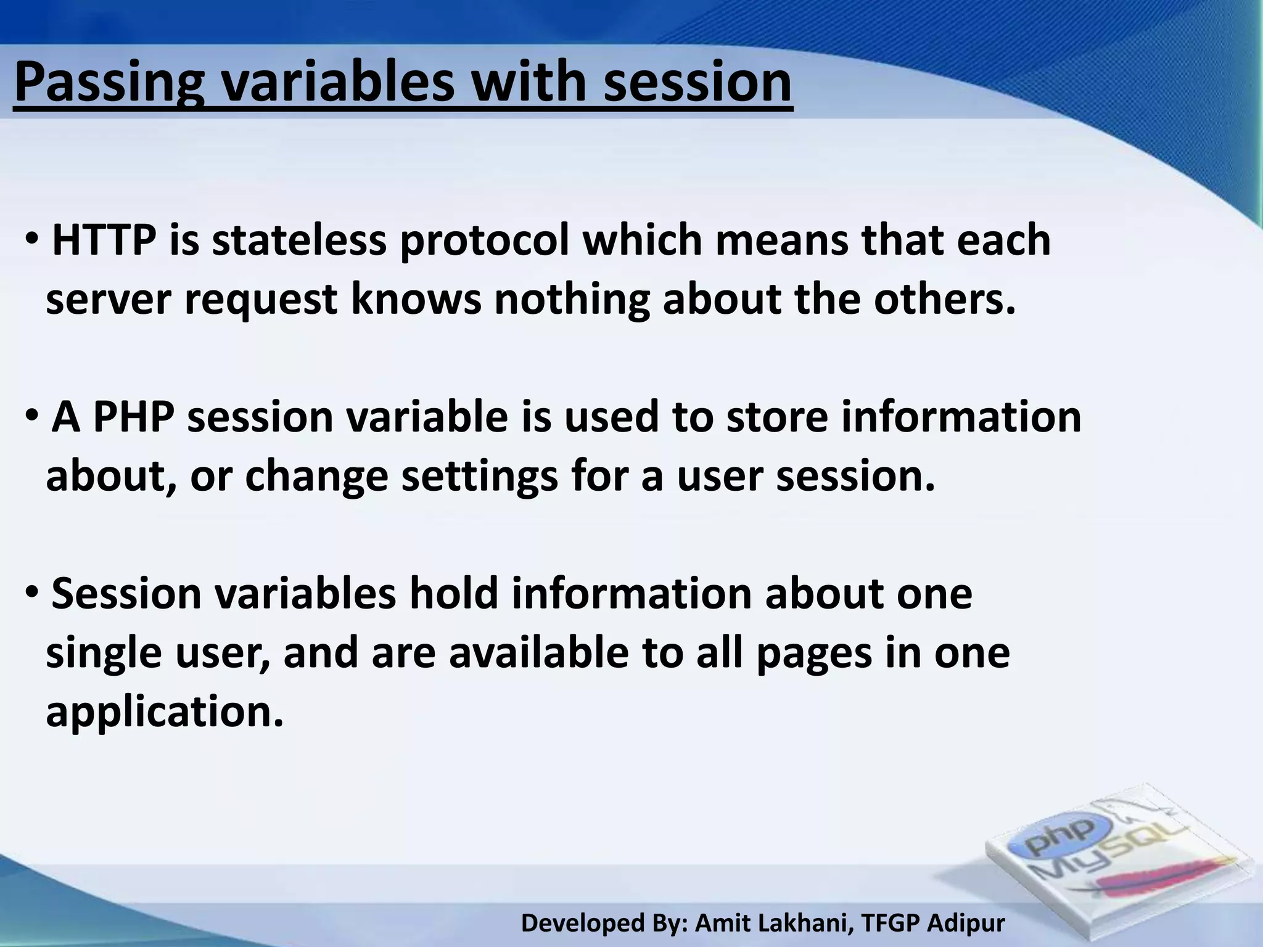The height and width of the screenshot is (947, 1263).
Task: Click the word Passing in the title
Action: coord(109,83)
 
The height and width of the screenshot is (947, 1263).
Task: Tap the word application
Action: coord(164,713)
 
